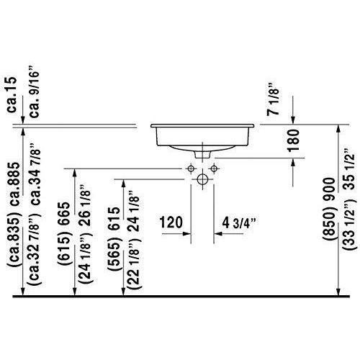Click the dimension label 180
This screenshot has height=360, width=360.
coord(294,140)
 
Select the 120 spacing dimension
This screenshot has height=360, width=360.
coord(171,222)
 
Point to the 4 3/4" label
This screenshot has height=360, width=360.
coord(238,223)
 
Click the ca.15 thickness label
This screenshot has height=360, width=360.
coord(12,94)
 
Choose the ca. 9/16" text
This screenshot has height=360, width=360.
coord(33,91)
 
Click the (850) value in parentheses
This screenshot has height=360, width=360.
coord(328,222)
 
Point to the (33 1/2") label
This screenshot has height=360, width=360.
coord(348,224)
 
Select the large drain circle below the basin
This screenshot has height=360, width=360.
coord(202,179)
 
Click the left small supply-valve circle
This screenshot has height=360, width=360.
coord(191,168)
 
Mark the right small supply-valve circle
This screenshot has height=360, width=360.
coord(214,168)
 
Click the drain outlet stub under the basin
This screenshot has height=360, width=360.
coord(203,154)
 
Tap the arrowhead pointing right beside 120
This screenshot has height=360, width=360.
coord(186,233)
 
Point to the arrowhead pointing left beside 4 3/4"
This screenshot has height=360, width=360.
coord(218,233)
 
